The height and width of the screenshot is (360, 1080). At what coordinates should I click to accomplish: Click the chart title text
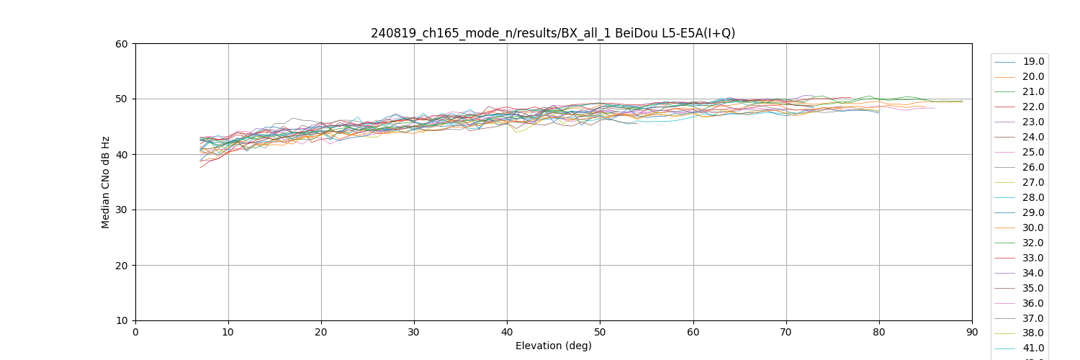pyautogui.click(x=553, y=33)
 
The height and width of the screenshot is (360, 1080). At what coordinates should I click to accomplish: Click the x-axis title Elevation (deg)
pyautogui.click(x=553, y=346)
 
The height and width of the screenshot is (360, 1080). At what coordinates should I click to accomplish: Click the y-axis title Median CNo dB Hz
pyautogui.click(x=106, y=182)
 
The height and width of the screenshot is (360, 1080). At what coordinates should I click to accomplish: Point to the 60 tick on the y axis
pyautogui.click(x=122, y=44)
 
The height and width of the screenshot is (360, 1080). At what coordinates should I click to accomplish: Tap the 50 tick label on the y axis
pyautogui.click(x=122, y=99)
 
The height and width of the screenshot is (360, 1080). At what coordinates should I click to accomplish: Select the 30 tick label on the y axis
pyautogui.click(x=122, y=210)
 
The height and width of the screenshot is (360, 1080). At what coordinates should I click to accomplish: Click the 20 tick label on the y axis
pyautogui.click(x=122, y=266)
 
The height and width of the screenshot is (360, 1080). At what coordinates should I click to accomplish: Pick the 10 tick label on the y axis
pyautogui.click(x=122, y=321)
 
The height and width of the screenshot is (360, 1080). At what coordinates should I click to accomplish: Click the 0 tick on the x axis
pyautogui.click(x=135, y=332)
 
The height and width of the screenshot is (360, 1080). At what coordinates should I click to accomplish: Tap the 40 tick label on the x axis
pyautogui.click(x=507, y=332)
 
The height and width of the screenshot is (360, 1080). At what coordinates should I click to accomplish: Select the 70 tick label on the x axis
pyautogui.click(x=786, y=332)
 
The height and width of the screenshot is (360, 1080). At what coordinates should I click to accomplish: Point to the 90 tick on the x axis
pyautogui.click(x=972, y=332)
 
